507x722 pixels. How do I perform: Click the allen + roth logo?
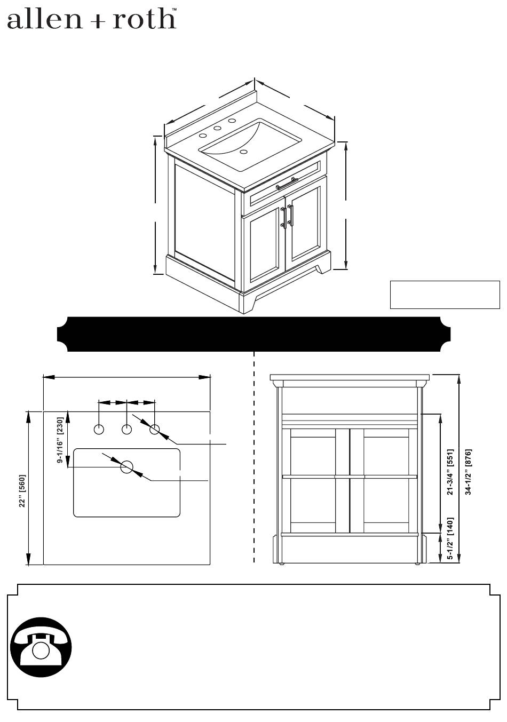(x=92, y=19)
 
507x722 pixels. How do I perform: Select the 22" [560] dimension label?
(x=22, y=490)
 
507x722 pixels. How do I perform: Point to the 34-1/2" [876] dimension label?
(x=469, y=472)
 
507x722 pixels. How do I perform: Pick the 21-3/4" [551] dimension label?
(x=450, y=472)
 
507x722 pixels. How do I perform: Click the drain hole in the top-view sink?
(x=126, y=467)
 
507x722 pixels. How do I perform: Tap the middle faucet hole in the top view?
(x=126, y=430)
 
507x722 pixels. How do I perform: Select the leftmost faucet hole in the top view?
(x=99, y=430)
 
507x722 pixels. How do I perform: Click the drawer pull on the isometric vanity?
(x=287, y=183)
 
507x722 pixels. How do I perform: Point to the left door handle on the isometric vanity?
(x=283, y=218)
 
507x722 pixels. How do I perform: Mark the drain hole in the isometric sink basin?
(x=244, y=152)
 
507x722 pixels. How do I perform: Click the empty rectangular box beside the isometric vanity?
(x=445, y=295)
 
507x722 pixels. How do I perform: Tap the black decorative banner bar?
(x=253, y=334)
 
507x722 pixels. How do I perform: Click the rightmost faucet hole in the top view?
(x=155, y=430)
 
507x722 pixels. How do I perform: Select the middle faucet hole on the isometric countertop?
(x=217, y=128)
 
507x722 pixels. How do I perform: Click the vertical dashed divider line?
(x=255, y=458)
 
